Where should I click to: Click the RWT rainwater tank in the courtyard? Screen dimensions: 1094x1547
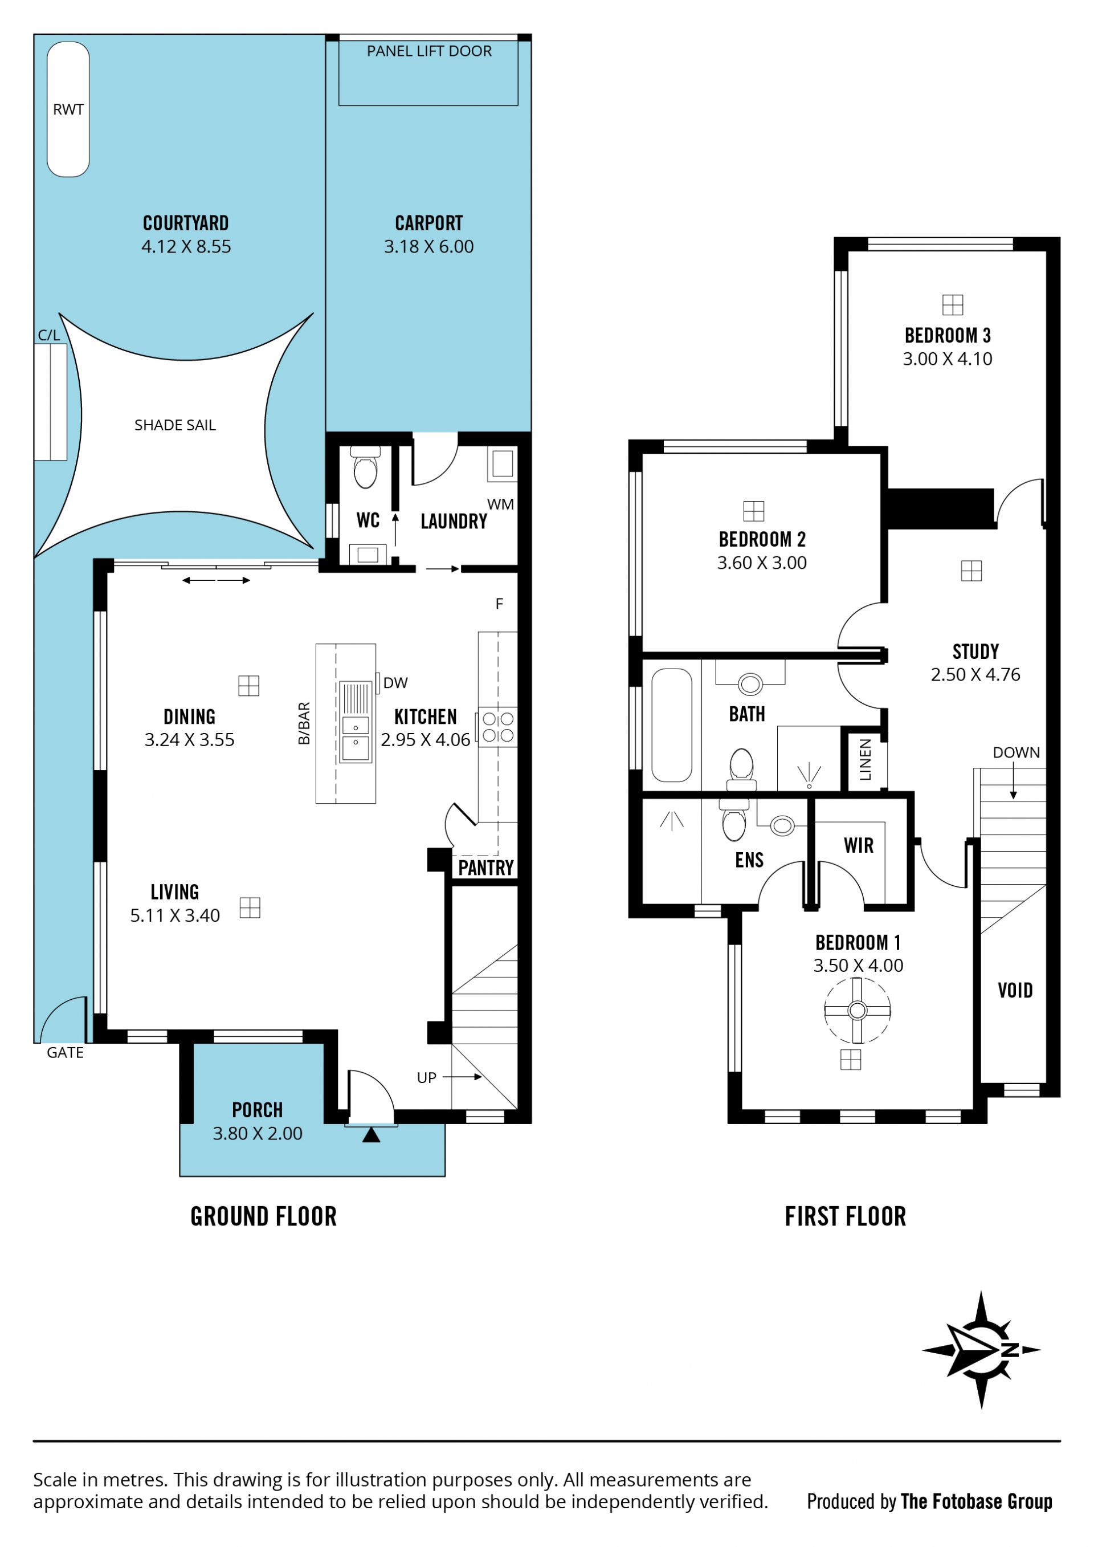68,109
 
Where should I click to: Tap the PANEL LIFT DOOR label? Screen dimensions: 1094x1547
429,51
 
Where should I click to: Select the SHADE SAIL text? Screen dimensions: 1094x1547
175,425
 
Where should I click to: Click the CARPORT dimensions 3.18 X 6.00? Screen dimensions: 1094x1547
429,247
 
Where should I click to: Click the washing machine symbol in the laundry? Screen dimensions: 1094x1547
503,463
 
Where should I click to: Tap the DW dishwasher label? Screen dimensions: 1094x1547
395,682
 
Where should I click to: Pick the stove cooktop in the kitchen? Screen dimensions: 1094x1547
498,727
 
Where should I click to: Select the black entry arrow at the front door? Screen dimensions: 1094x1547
371,1135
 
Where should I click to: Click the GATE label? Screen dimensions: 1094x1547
66,1052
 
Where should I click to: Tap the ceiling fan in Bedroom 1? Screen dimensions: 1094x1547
858,1011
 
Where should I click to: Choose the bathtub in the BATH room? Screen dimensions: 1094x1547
672,725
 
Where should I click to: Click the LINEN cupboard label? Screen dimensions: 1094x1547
866,759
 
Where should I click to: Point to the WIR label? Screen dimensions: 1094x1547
859,845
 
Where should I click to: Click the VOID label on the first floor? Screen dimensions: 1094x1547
1015,991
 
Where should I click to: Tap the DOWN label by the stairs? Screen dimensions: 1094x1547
1016,752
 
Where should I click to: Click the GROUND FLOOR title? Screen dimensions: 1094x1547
263,1217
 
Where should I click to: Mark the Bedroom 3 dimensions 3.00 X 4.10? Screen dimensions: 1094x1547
948,359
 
